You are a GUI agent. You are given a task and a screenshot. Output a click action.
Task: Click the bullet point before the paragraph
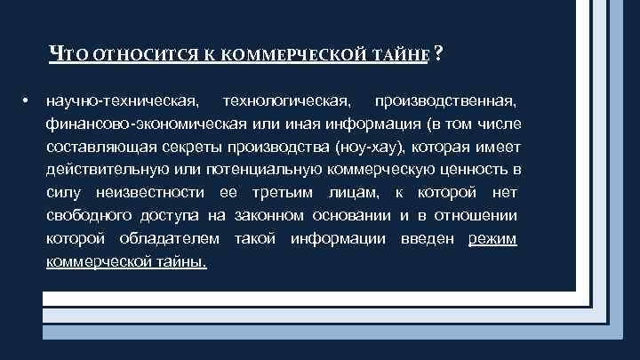(28, 96)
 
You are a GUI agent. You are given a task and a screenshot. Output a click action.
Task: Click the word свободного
(87, 216)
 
